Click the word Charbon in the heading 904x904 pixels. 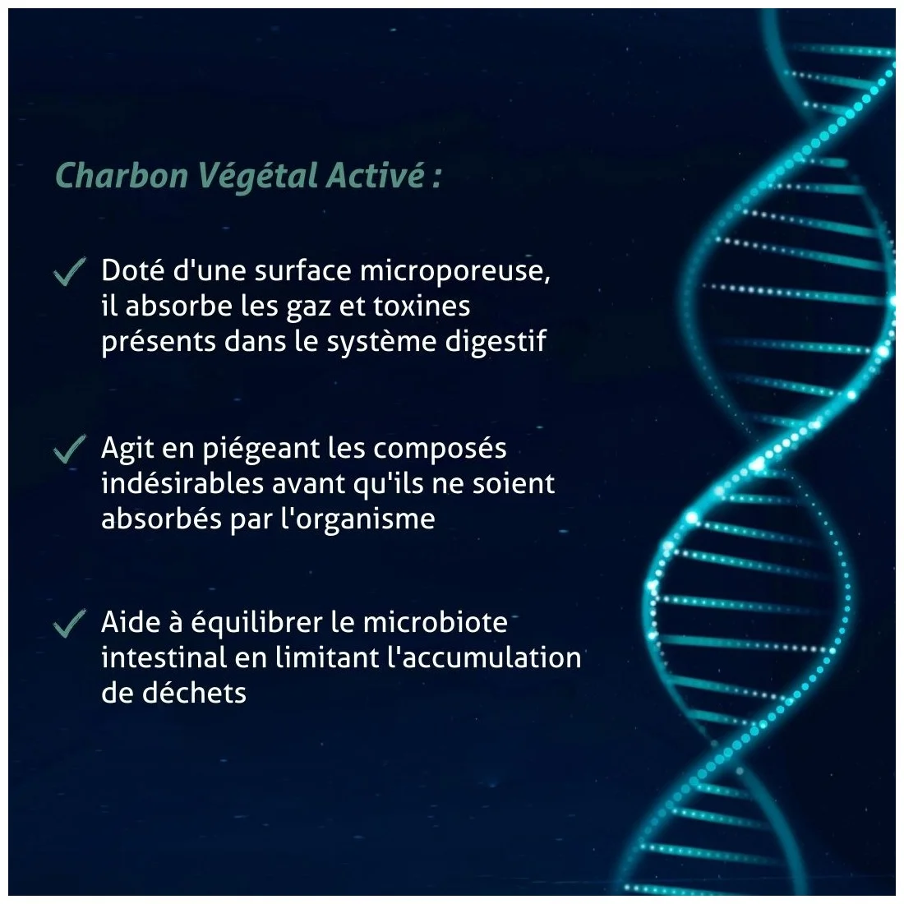[122, 175]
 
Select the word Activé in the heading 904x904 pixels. [376, 175]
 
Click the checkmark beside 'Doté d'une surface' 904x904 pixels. [70, 271]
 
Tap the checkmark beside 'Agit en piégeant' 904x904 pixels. [70, 449]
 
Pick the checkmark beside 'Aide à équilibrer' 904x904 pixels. [70, 623]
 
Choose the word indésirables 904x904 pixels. [182, 483]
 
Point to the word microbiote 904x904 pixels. [436, 622]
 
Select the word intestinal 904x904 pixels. [164, 657]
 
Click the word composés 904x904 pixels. [440, 450]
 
